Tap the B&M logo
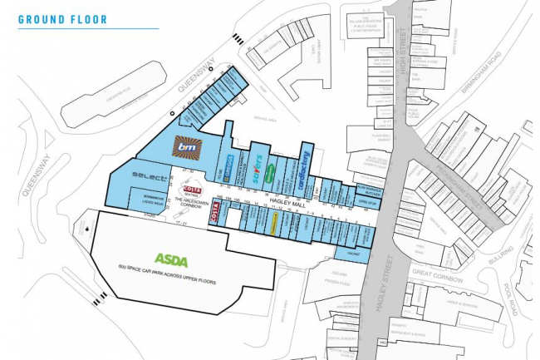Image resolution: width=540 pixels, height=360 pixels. [184, 147]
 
